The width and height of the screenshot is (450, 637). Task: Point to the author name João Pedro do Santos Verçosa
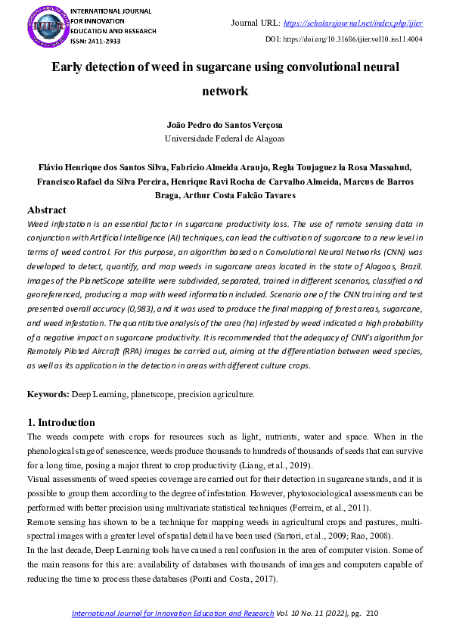225,125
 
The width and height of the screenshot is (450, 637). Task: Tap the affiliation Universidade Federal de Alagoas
225,138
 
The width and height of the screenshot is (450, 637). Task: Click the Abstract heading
47,210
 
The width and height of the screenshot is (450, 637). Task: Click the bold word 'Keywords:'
48,394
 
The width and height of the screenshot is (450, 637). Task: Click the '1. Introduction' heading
61,422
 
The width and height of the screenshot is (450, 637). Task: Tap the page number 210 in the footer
371,614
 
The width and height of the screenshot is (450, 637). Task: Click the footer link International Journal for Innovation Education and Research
172,614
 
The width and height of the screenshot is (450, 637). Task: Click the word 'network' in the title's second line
225,92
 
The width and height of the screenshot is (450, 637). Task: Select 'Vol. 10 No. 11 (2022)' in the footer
312,614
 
